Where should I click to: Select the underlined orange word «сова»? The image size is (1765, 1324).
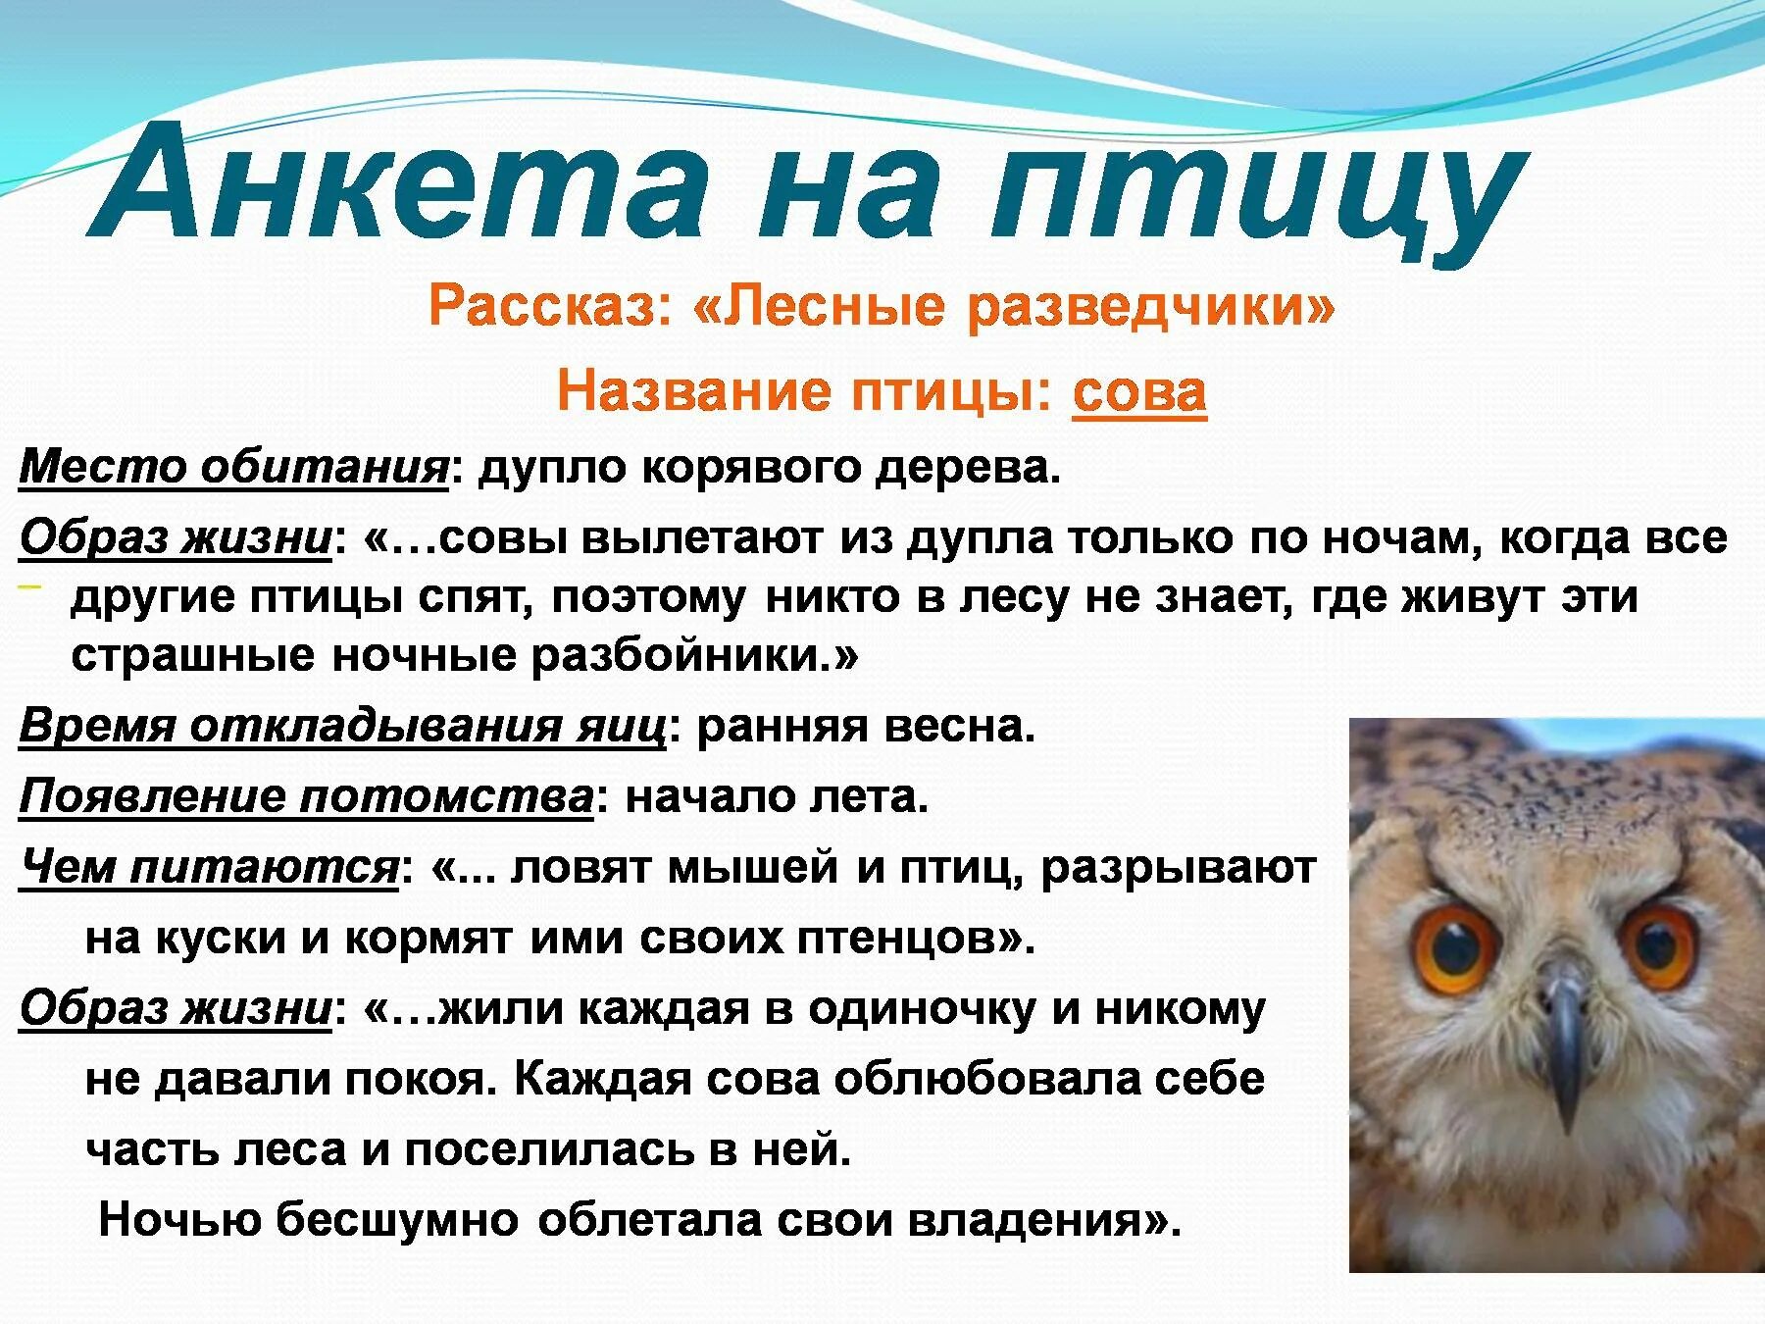pos(1139,393)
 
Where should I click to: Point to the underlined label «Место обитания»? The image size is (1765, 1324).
pos(233,468)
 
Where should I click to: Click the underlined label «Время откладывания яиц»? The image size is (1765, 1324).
pos(342,728)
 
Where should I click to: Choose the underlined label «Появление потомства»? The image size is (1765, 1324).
pos(306,797)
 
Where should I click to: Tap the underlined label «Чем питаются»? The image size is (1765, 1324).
pos(208,868)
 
